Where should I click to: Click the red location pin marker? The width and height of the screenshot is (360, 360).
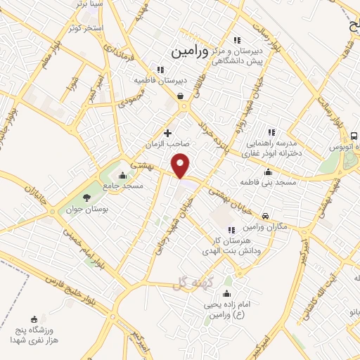181,165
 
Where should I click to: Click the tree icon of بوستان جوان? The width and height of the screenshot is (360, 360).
86,198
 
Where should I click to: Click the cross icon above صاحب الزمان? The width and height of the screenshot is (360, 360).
167,132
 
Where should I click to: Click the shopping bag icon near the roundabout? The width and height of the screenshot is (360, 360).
181,96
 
